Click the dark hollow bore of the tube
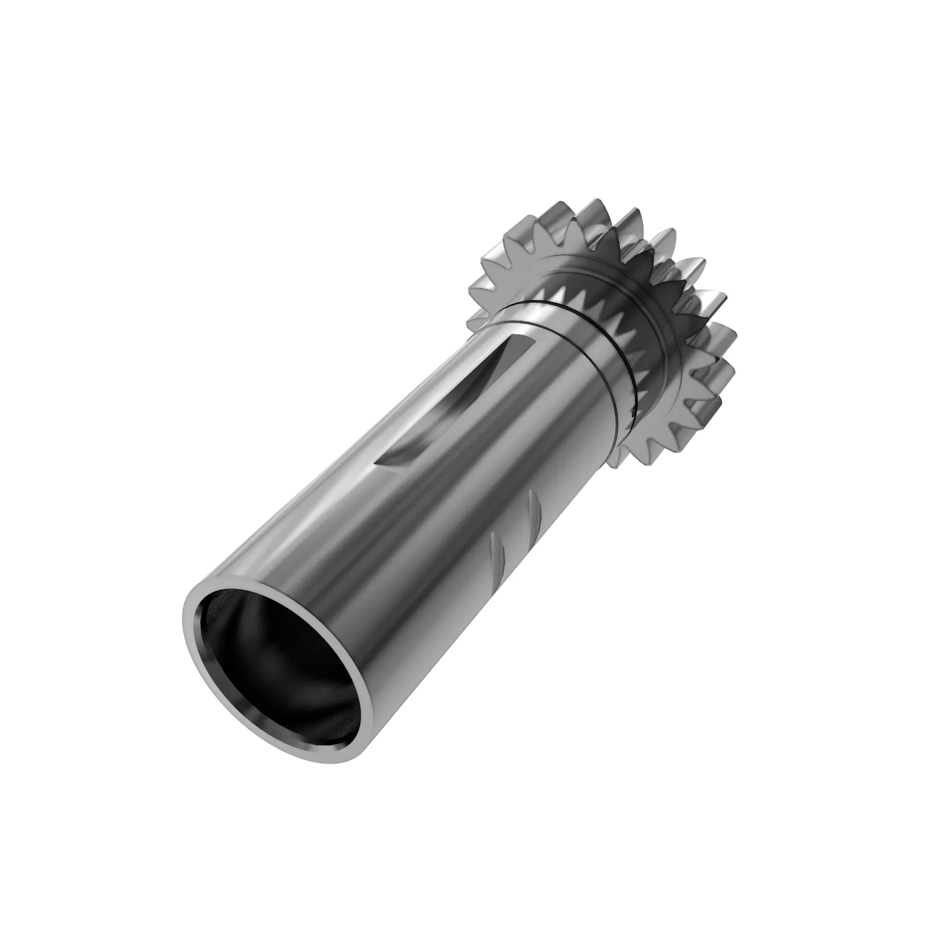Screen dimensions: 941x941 pyautogui.click(x=282, y=672)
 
